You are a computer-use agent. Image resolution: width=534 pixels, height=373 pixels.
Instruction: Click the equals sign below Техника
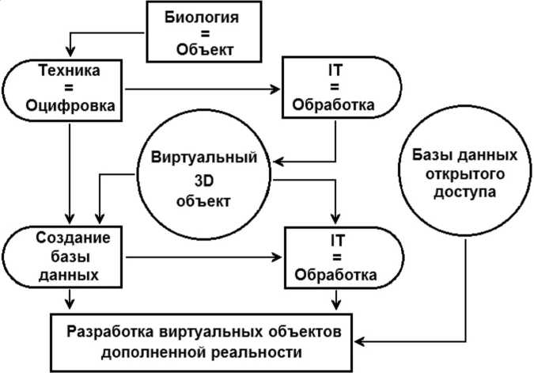(62, 87)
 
